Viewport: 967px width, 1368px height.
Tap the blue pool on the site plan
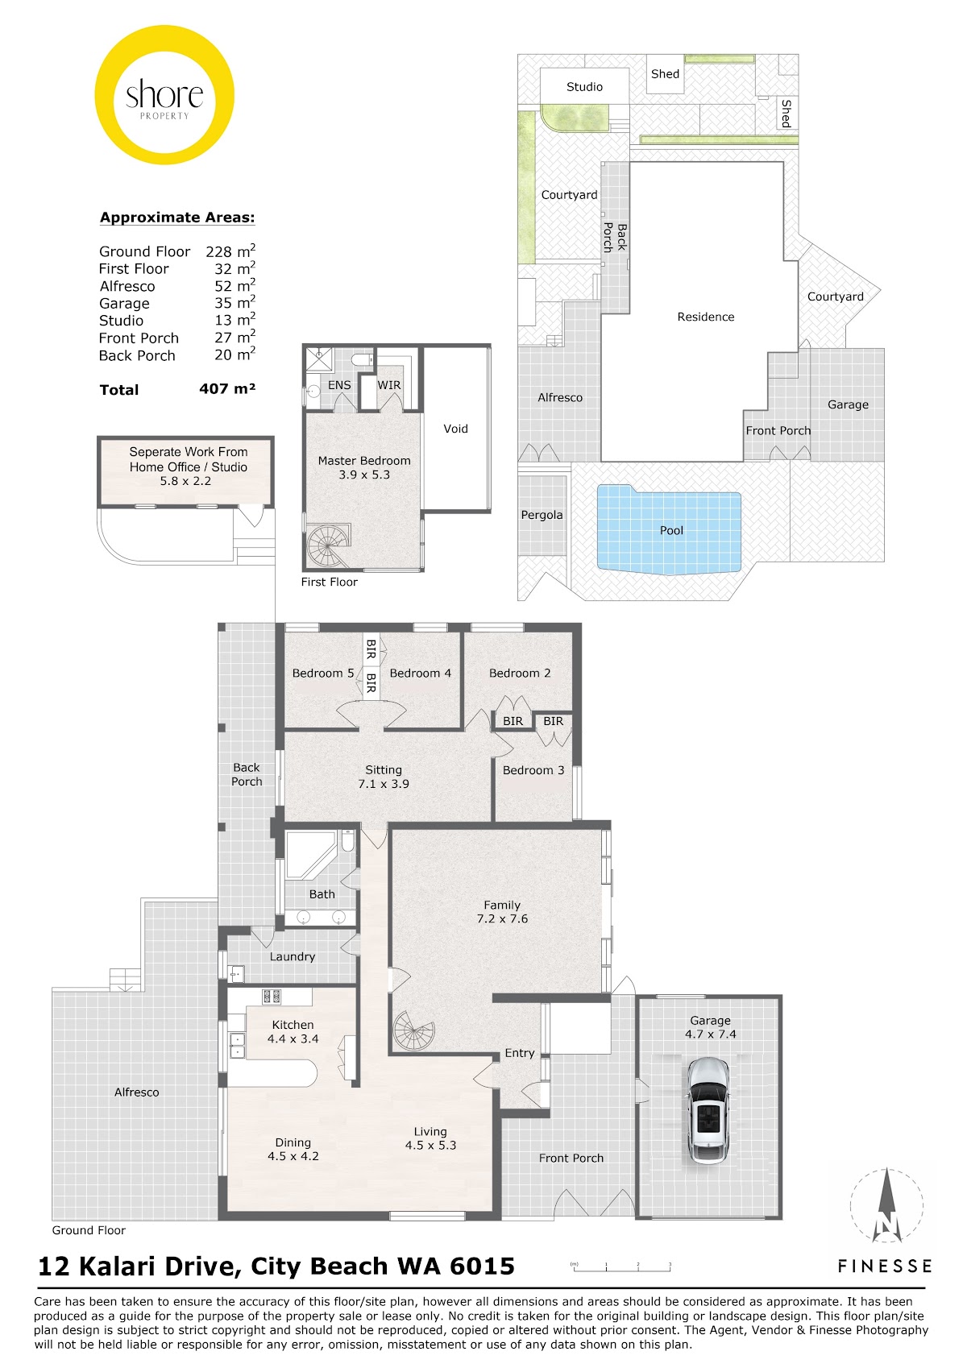669,530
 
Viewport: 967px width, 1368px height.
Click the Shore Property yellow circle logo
164,94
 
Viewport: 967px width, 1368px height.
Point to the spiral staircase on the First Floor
329,545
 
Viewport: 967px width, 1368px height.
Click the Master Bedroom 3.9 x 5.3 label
364,467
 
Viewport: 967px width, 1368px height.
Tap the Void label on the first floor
456,429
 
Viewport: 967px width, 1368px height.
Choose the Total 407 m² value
227,388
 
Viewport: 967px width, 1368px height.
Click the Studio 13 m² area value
234,319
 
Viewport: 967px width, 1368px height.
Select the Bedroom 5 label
323,673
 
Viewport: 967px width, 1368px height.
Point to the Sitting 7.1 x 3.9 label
384,777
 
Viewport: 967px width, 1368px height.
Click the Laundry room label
293,957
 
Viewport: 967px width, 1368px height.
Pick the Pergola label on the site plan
542,515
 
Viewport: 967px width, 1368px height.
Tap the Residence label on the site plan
706,317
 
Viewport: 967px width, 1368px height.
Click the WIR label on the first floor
389,385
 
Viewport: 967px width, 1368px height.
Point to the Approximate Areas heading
177,218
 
